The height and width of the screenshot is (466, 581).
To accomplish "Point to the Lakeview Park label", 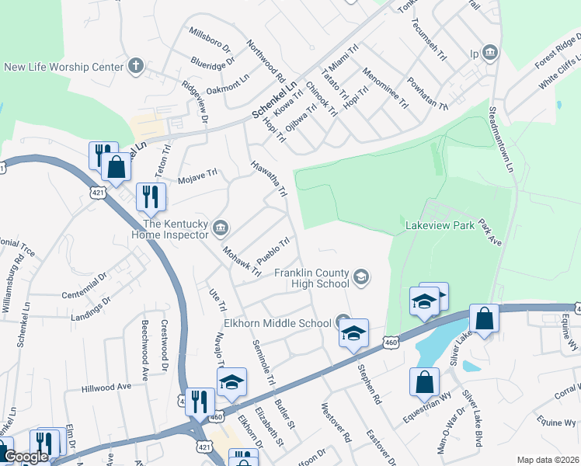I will pyautogui.click(x=440, y=226).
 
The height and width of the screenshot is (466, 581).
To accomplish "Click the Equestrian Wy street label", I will pyautogui.click(x=427, y=407).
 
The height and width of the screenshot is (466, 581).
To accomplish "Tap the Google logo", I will pyautogui.click(x=26, y=457).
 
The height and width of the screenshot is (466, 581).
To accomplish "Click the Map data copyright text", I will pyautogui.click(x=548, y=460).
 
